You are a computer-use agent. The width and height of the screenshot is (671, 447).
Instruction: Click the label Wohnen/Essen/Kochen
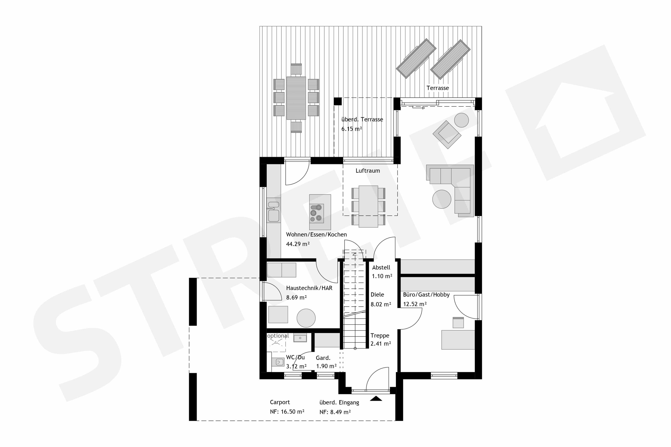pos(316,235)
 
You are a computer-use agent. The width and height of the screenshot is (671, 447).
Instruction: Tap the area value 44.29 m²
pos(298,244)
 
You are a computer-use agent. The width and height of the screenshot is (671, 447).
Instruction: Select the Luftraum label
pos(368,171)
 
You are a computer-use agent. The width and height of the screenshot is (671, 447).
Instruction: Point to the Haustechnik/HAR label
pos(309,288)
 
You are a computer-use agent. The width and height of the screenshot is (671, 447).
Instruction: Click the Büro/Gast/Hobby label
pos(426,295)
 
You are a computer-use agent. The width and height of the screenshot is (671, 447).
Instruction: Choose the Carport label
pos(280,402)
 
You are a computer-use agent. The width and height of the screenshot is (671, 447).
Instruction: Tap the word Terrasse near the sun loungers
pos(437,88)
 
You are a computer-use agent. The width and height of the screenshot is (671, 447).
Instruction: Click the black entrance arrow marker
pos(376,399)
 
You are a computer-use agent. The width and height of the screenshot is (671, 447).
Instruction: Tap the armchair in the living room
pos(447,134)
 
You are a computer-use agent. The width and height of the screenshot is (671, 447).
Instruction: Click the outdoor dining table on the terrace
pos(296,98)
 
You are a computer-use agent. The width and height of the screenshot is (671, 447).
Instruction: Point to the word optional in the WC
pos(278,336)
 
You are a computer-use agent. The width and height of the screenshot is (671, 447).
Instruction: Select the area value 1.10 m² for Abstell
pos(382,276)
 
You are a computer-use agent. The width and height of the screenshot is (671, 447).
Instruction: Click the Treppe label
pos(380,336)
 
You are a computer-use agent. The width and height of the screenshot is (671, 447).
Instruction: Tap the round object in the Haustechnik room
pos(306,318)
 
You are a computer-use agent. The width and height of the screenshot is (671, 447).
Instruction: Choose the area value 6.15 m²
pos(352,129)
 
